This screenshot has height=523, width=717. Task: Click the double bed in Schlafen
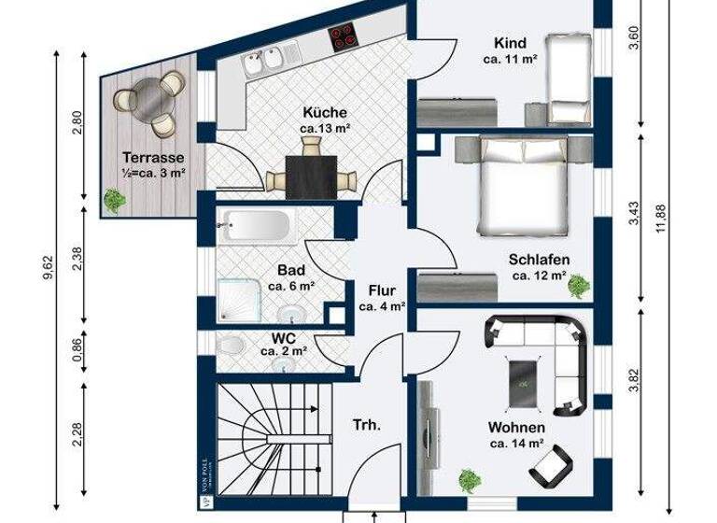(524, 185)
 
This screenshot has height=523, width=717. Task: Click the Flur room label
(383, 290)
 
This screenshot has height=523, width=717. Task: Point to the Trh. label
(366, 425)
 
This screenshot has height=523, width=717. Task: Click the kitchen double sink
(259, 64)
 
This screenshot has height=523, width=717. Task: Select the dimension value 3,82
(634, 379)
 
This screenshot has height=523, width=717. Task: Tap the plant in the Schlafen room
(579, 282)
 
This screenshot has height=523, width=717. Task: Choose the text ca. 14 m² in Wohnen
(516, 444)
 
